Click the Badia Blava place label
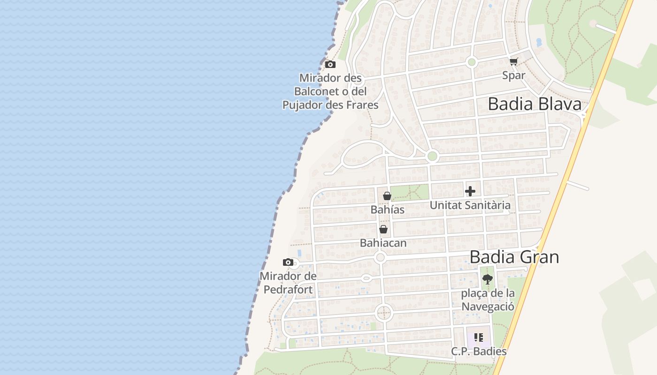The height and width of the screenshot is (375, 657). coord(535,104)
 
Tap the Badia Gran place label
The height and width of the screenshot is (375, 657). coord(514,257)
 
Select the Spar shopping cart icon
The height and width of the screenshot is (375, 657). coord(514,62)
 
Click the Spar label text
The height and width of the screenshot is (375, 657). coord(514,75)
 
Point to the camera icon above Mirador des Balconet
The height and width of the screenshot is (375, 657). coord(330,64)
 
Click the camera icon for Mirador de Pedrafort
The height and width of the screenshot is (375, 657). coord(288,262)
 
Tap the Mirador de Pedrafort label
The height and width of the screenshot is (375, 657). coord(288,283)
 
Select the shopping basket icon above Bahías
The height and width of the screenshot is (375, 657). coord(387,196)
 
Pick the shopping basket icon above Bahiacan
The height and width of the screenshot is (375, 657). coord(383,229)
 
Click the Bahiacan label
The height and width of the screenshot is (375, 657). coord(383,243)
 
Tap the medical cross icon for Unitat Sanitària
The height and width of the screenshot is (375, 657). coord(470,191)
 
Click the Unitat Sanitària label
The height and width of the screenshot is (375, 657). coord(470,205)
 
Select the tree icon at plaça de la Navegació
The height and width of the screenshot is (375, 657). coord(488,279)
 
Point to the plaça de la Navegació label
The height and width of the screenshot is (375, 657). coord(488,300)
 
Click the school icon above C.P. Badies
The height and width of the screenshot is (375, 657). coord(479,337)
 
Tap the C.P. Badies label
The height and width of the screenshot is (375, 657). coord(479,351)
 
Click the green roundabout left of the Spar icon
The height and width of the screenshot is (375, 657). coord(472,62)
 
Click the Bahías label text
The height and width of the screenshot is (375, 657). coord(387,210)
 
